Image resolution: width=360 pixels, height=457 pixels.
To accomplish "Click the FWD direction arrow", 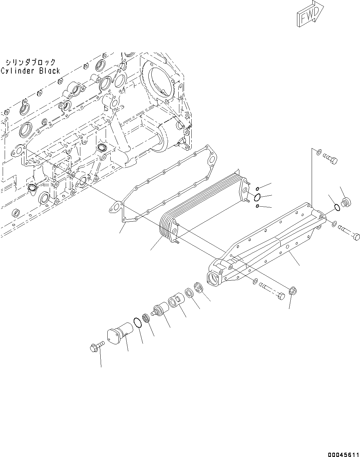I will pos(308,14).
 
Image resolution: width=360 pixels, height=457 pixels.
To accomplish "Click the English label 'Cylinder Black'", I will pos(30,71).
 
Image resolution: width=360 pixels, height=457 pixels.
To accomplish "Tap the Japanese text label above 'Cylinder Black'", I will pos(30,62).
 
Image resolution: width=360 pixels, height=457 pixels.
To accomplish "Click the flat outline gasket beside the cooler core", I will pos(163,187).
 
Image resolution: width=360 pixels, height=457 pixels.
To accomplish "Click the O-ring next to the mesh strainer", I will pos(137,322).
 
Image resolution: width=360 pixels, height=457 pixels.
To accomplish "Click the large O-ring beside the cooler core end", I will pos(257,198).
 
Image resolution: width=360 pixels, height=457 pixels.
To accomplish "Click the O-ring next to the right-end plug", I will pos(337,208).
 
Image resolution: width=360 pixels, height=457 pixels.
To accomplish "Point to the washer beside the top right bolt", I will pos(318,153).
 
